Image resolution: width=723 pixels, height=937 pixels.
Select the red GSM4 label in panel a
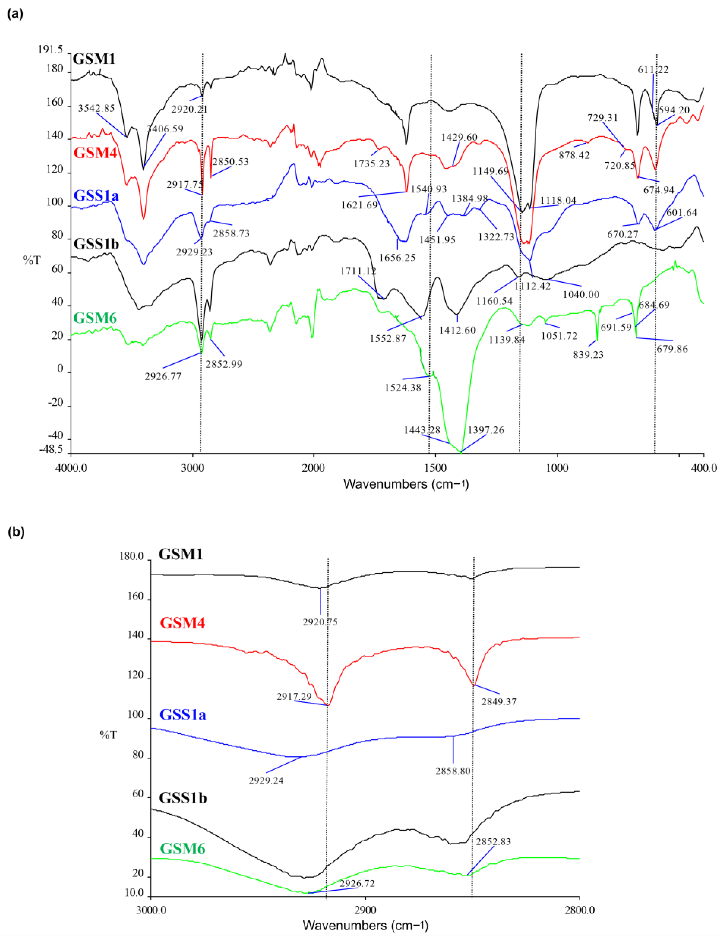(96, 152)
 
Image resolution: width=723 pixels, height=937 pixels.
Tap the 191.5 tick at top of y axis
(50, 50)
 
